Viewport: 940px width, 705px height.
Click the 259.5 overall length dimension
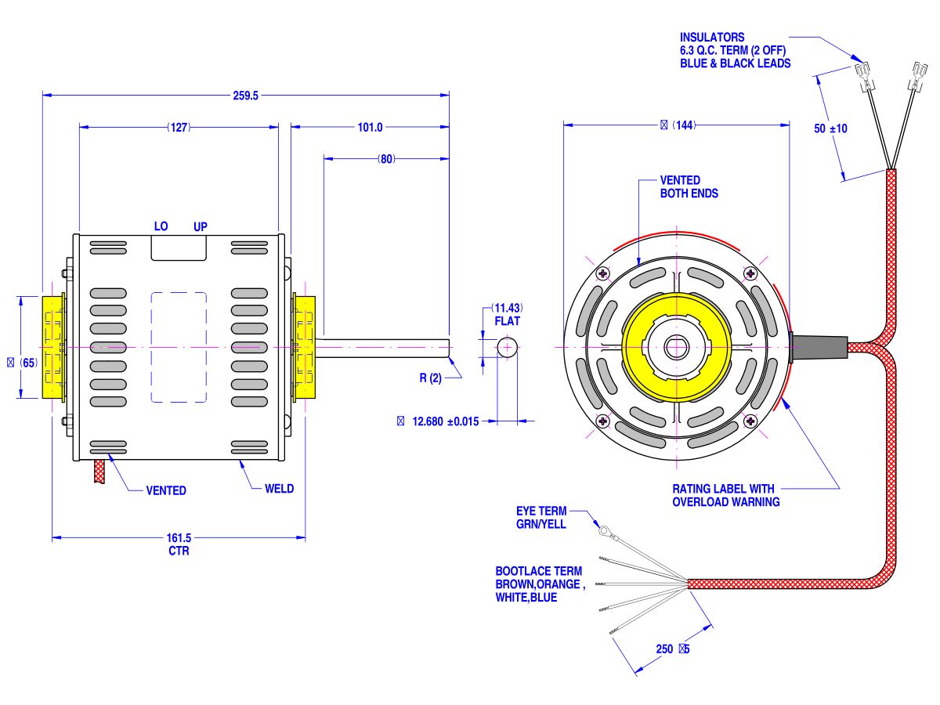(245, 96)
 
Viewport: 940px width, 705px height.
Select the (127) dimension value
(179, 127)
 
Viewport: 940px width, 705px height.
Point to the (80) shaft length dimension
(386, 159)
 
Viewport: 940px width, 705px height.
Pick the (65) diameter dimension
(23, 363)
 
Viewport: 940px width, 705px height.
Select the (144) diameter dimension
(678, 125)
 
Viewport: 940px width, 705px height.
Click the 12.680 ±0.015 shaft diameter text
(444, 421)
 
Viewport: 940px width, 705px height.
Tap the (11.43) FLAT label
(508, 314)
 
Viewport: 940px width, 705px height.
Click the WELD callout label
(279, 489)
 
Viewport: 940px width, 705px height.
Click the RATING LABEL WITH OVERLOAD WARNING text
(725, 495)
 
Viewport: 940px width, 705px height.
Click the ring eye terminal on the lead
(605, 530)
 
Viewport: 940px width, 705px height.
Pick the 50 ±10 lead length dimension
(831, 128)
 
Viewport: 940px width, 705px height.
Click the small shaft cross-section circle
(507, 346)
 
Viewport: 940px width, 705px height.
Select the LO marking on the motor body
(161, 226)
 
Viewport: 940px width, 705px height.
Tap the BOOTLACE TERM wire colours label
(538, 584)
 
